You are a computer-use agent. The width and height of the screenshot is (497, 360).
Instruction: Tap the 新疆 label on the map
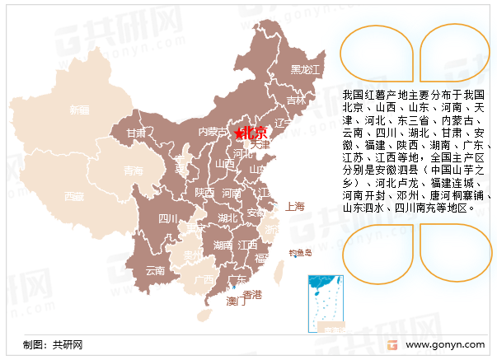click(x=79, y=110)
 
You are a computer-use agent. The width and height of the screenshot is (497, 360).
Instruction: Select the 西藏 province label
click(x=74, y=196)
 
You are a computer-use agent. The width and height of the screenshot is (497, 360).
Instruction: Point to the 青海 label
click(x=132, y=171)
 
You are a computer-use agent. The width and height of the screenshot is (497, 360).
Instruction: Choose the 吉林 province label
click(x=296, y=101)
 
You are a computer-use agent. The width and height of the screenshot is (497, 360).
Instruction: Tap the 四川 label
click(x=167, y=219)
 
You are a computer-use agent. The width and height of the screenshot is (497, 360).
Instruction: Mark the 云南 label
click(x=155, y=270)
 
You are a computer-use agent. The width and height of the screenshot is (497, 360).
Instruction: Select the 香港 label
click(x=252, y=294)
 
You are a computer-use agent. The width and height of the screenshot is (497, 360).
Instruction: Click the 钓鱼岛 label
click(x=300, y=253)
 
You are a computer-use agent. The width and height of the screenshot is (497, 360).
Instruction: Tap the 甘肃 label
click(x=137, y=132)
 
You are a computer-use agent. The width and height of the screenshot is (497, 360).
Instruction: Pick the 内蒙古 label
click(x=212, y=131)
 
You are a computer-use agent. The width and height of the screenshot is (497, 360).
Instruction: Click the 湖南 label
click(x=223, y=245)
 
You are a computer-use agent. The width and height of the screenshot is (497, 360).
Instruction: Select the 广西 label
click(x=203, y=279)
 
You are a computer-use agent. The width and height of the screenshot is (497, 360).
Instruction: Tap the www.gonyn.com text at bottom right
click(x=444, y=345)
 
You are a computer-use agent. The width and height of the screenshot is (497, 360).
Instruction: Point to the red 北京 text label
click(x=256, y=133)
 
